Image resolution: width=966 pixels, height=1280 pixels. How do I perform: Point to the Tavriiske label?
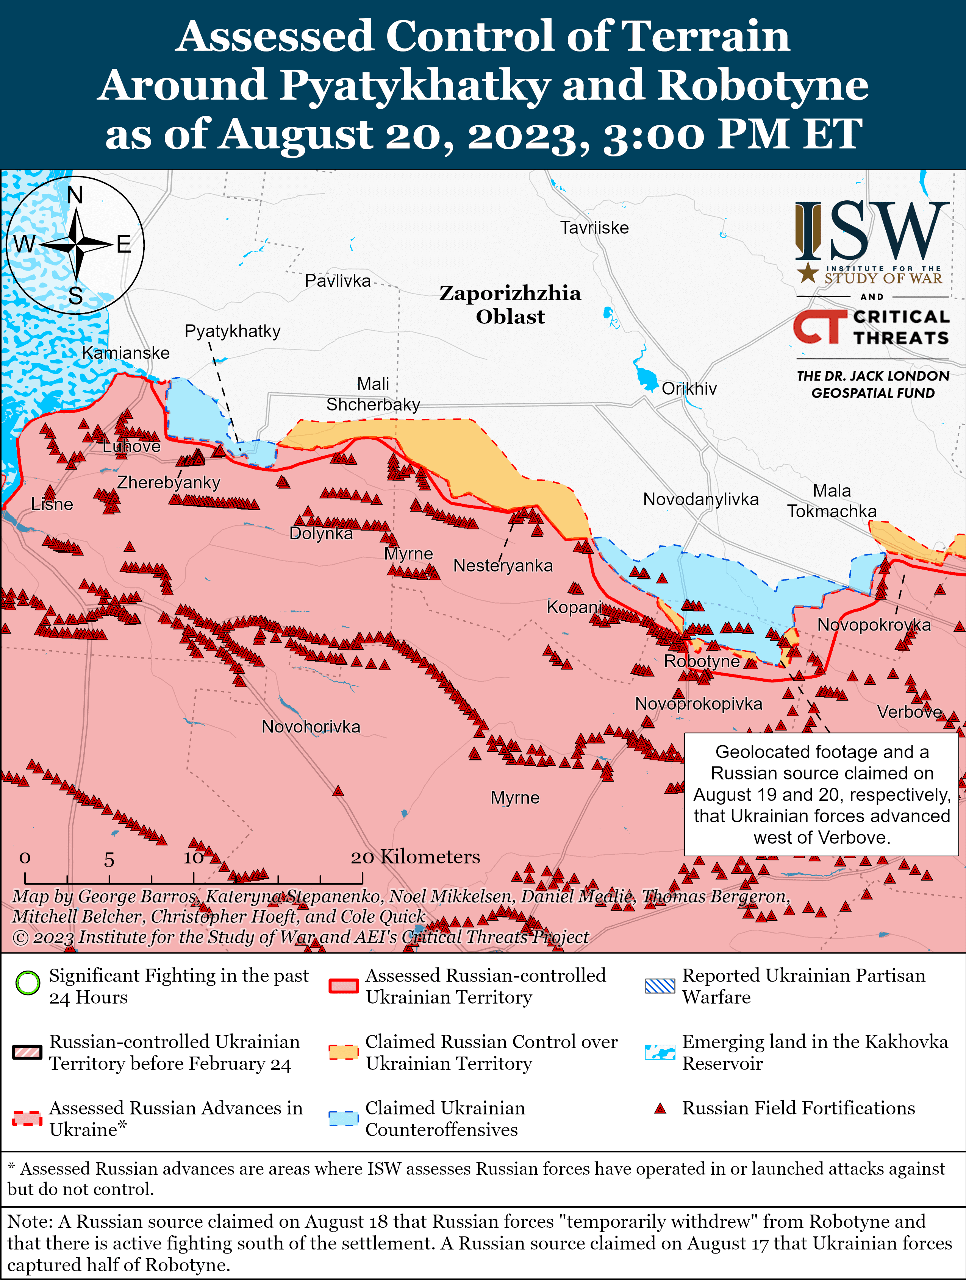point(594,228)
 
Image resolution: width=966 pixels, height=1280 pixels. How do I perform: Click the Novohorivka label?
point(311,726)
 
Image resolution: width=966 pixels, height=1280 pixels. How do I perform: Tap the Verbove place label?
point(909,712)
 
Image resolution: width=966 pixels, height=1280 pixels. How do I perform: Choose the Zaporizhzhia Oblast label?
point(510,304)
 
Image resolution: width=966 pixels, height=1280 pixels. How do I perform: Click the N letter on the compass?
point(75,195)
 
